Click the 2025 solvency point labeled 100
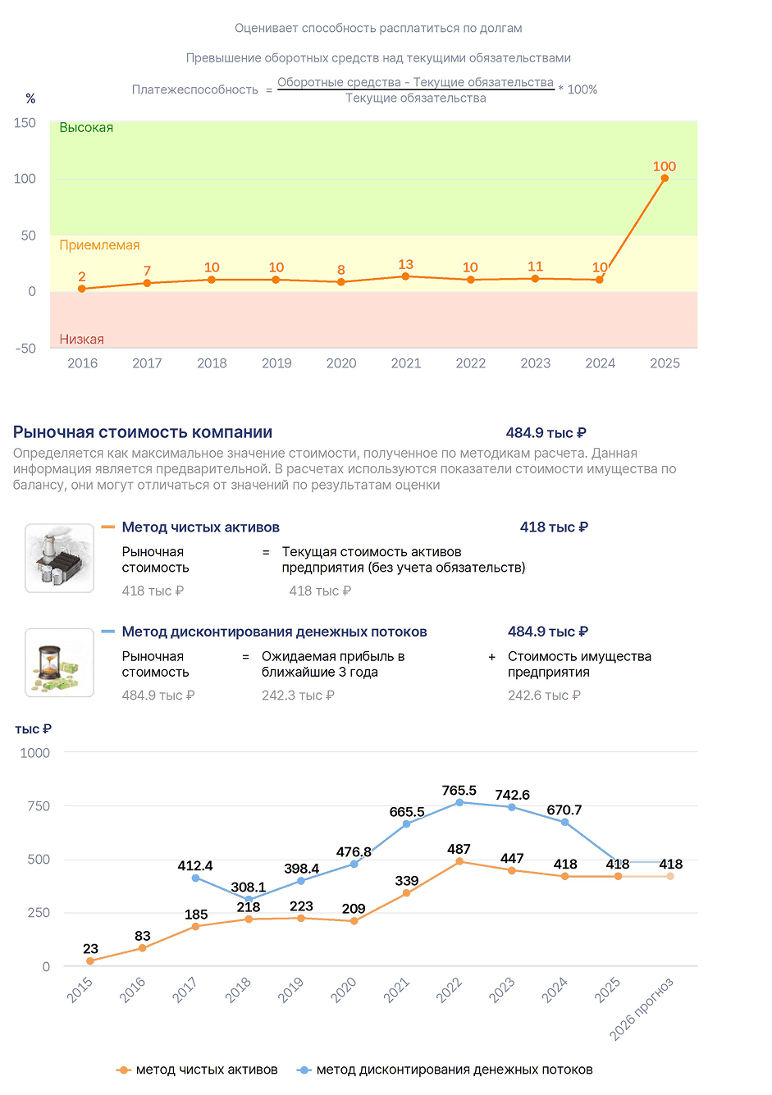pyautogui.click(x=665, y=179)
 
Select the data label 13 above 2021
pyautogui.click(x=405, y=264)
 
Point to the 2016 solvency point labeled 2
pyautogui.click(x=82, y=289)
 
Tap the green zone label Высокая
pyautogui.click(x=86, y=128)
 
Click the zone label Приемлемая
pyautogui.click(x=99, y=245)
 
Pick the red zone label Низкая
pyautogui.click(x=82, y=339)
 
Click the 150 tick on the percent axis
pyautogui.click(x=25, y=123)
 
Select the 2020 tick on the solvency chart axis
pyautogui.click(x=340, y=363)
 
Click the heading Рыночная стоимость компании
pyautogui.click(x=142, y=432)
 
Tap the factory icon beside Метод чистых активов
pyautogui.click(x=59, y=559)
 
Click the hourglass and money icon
pyautogui.click(x=59, y=663)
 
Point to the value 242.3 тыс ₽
pyautogui.click(x=298, y=695)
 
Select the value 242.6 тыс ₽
pyautogui.click(x=544, y=695)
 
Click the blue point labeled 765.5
pyautogui.click(x=459, y=803)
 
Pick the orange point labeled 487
pyautogui.click(x=459, y=861)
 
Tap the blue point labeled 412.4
pyautogui.click(x=195, y=878)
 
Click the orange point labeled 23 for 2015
pyautogui.click(x=90, y=961)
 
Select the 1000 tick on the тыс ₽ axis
pyautogui.click(x=34, y=753)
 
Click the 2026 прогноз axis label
pyautogui.click(x=641, y=1009)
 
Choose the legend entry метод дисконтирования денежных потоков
pyautogui.click(x=445, y=1070)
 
